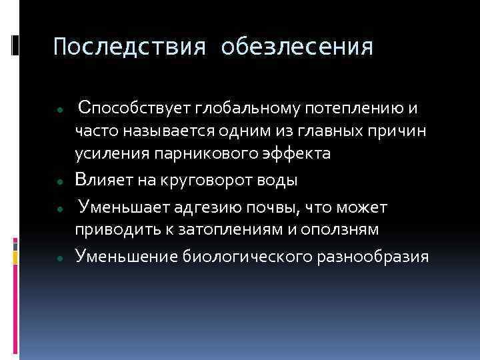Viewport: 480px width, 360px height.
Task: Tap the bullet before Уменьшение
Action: tap(60, 257)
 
